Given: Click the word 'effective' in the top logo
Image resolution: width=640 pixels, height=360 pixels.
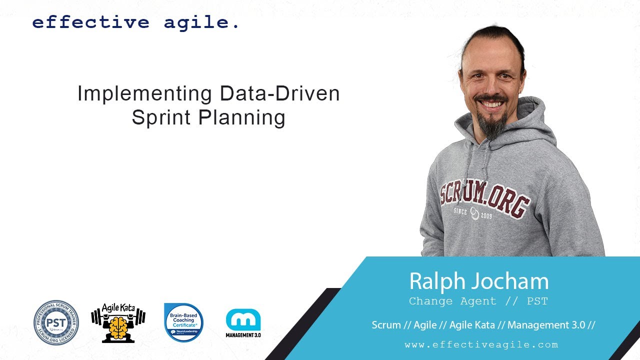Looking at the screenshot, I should [90, 23].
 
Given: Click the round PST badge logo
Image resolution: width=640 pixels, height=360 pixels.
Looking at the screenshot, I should [56, 322].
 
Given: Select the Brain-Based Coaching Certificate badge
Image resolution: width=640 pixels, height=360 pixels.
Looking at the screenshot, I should [184, 322].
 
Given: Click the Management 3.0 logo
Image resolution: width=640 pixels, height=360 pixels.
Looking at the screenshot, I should [243, 322].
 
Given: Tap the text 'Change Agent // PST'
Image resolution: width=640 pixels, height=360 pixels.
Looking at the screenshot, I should [478, 301].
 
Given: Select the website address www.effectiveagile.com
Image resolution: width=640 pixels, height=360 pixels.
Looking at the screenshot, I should [481, 344].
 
